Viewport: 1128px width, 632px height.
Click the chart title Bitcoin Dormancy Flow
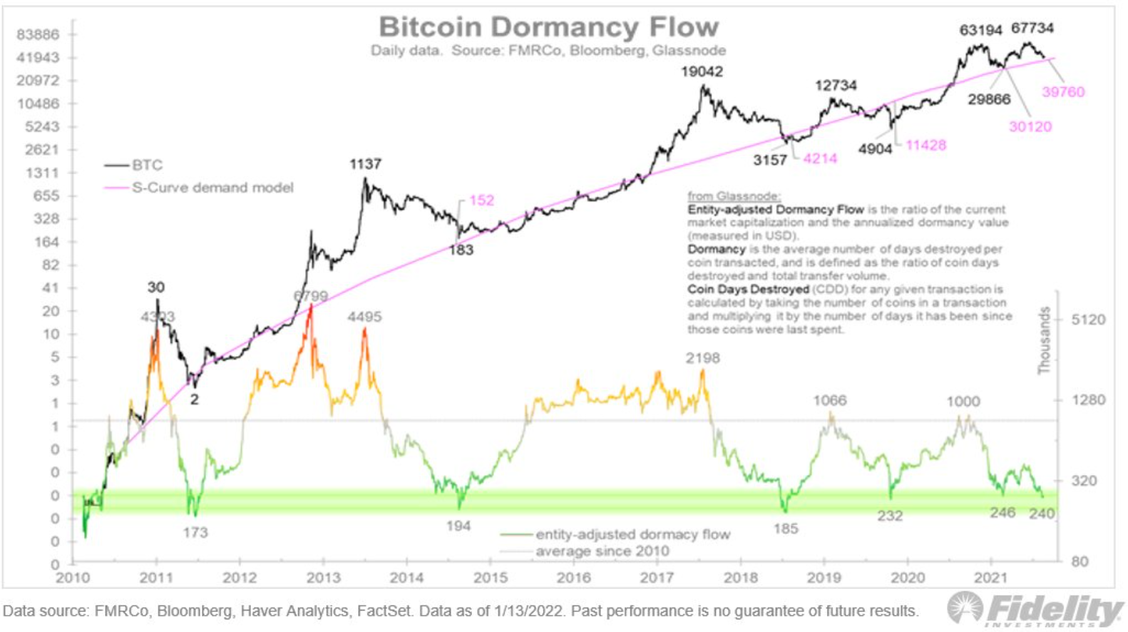coord(548,27)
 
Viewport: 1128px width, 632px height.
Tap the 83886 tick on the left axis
coord(38,34)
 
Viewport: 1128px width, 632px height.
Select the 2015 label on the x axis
coord(491,578)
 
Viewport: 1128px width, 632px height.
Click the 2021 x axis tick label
coord(991,578)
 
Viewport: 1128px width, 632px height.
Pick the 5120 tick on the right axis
coord(1088,320)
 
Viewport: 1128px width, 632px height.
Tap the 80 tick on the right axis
coord(1080,561)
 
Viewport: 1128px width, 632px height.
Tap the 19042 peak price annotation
coord(702,71)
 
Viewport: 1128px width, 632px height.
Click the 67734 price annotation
coord(1032,28)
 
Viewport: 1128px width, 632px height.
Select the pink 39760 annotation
coord(1062,92)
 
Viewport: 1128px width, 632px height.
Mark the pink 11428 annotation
coord(926,146)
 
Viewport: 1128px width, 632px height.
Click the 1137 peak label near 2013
coord(365,164)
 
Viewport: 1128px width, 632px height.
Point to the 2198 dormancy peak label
coord(702,358)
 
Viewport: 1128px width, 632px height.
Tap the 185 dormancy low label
coord(786,529)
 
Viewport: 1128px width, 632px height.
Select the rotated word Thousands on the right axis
coord(1044,340)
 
